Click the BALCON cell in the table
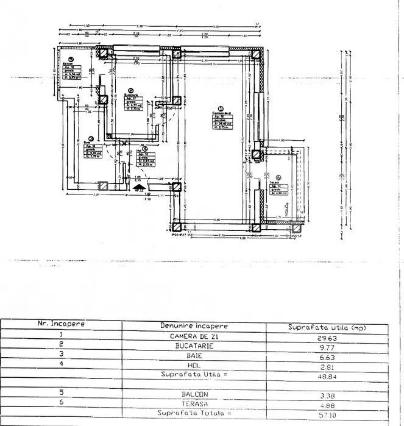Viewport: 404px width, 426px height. coord(194,394)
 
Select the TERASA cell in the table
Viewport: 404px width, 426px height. coord(194,403)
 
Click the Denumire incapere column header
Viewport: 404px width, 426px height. coord(194,327)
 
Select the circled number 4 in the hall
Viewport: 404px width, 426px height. coord(145,149)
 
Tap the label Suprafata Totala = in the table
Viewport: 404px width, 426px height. coord(194,413)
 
